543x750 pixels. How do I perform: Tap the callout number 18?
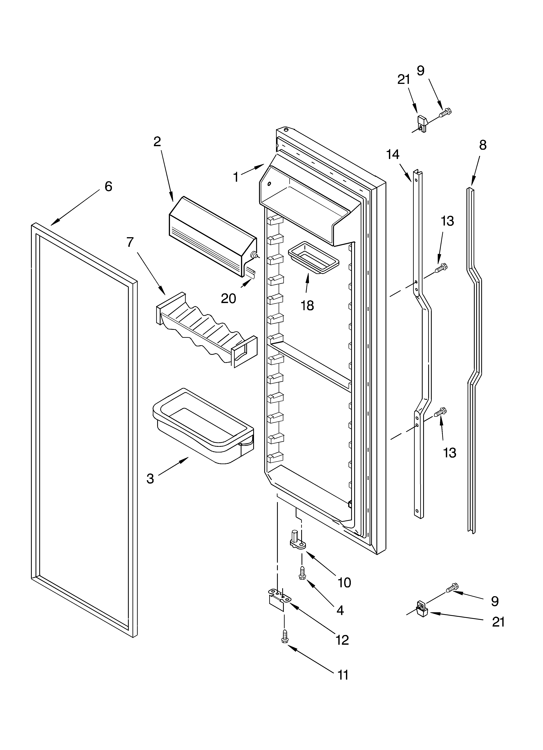[307, 305]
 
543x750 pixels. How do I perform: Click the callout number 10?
[344, 582]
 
